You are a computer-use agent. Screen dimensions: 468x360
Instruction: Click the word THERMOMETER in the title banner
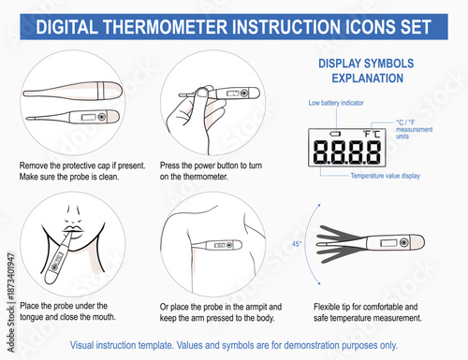[x=166, y=27]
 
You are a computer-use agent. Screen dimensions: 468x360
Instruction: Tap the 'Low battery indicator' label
[x=336, y=103]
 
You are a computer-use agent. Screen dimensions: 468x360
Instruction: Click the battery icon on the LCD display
[x=335, y=134]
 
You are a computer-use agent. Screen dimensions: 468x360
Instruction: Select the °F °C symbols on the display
[x=372, y=134]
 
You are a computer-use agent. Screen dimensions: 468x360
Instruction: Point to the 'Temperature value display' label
[x=385, y=176]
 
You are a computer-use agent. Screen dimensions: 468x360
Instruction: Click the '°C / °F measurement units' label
[x=414, y=129]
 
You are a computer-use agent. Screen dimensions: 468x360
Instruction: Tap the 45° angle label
[x=297, y=244]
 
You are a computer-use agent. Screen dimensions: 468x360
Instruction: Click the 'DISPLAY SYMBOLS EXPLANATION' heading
[x=366, y=71]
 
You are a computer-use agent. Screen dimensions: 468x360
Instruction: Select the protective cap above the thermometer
[x=73, y=91]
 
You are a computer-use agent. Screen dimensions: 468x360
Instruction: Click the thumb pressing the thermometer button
[x=202, y=94]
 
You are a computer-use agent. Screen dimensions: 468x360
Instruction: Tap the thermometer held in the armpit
[x=217, y=245]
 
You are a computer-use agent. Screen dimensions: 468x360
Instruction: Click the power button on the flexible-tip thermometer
[x=403, y=242]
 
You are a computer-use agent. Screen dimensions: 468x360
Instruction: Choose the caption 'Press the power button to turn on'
[x=211, y=171]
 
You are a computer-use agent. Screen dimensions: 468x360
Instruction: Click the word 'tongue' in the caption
[x=31, y=317]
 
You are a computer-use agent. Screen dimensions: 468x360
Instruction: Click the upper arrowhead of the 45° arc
[x=319, y=206]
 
